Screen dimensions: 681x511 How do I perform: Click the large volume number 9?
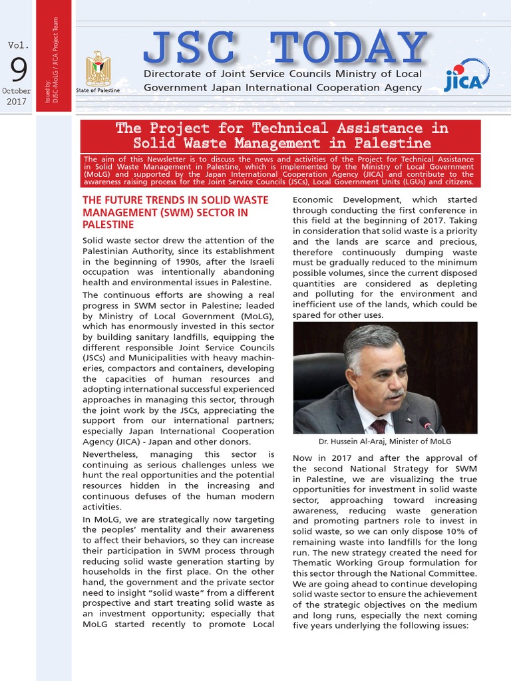pos(17,70)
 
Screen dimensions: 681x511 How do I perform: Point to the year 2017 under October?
pos(17,102)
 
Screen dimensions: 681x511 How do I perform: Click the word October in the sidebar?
pos(17,91)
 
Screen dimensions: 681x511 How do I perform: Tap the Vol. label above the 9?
pos(18,45)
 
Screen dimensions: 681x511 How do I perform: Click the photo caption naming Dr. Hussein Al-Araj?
pos(385,441)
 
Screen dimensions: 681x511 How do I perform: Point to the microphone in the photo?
pos(426,424)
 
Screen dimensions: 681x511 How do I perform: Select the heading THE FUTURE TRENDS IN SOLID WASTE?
pos(175,200)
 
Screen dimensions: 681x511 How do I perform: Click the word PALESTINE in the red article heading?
pos(108,225)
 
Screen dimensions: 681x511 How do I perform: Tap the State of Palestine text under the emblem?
pos(98,90)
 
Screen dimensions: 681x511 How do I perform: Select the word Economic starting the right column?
pos(315,200)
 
